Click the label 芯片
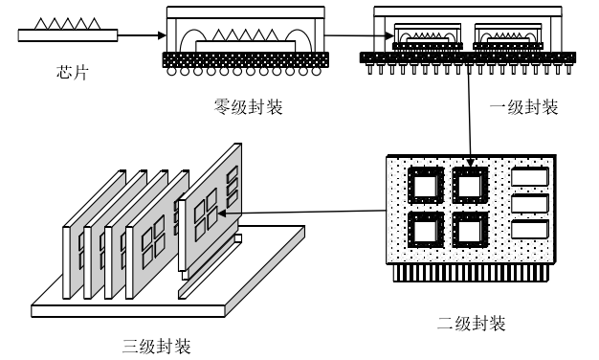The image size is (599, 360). tap(72, 72)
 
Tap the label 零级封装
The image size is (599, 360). tap(249, 106)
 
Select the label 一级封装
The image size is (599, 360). tap(523, 107)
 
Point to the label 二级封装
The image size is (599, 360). tap(472, 324)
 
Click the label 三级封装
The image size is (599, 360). tap(157, 347)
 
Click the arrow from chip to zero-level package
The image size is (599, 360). tap(142, 35)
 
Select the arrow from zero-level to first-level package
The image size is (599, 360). tap(359, 36)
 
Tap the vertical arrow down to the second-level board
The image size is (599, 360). tap(470, 115)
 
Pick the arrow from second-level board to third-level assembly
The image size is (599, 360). tap(301, 212)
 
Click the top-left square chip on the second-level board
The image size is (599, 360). tap(426, 186)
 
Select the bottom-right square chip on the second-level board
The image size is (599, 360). tap(470, 230)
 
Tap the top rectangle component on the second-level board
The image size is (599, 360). tap(530, 176)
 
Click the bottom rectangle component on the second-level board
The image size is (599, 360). tap(530, 230)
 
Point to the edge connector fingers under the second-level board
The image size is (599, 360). tap(472, 273)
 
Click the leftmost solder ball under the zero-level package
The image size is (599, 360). tap(171, 71)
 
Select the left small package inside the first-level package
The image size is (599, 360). tap(428, 36)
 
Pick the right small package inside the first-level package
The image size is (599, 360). tap(508, 36)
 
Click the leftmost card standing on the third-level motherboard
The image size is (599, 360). tap(94, 234)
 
